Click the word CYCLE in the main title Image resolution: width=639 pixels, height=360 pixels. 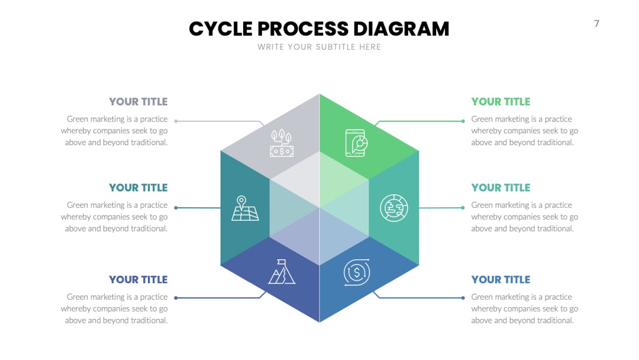(x=221, y=29)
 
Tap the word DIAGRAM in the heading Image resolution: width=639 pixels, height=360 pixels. (x=401, y=29)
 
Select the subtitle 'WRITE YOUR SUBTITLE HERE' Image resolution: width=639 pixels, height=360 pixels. (x=319, y=47)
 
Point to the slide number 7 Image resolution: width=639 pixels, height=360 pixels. (x=596, y=24)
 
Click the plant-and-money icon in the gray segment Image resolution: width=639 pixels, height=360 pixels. (x=282, y=143)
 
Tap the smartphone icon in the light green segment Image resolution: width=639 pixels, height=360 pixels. (x=356, y=143)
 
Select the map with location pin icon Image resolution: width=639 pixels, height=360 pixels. (x=245, y=208)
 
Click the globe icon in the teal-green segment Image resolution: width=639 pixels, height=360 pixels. (x=393, y=208)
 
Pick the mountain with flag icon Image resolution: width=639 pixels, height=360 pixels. (x=282, y=272)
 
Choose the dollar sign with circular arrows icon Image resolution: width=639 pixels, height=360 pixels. (x=357, y=272)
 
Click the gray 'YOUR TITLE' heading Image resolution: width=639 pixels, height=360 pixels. (x=138, y=101)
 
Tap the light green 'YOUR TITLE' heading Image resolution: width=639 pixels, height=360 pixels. (x=501, y=101)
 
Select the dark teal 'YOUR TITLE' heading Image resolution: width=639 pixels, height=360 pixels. (x=138, y=188)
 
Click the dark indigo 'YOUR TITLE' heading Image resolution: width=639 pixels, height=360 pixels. (x=138, y=279)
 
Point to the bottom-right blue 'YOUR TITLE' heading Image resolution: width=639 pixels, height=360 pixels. (x=501, y=279)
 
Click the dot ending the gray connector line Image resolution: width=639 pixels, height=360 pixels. (x=176, y=121)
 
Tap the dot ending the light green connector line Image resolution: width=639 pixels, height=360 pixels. (x=463, y=121)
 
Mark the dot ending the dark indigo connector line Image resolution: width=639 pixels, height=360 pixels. (x=176, y=298)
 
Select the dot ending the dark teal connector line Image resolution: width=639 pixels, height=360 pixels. (x=176, y=207)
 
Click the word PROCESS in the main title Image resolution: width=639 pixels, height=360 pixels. (x=303, y=29)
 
